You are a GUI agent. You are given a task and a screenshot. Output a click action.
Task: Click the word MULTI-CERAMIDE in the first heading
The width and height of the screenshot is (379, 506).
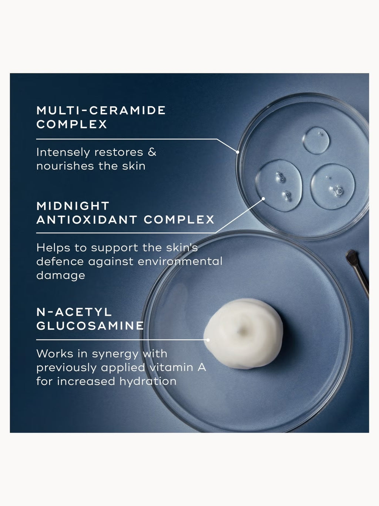tap(101, 110)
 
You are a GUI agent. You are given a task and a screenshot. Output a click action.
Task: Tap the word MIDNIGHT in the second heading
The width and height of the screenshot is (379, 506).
tap(73, 206)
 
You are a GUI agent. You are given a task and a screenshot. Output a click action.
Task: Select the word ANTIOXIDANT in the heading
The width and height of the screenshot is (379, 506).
tap(87, 220)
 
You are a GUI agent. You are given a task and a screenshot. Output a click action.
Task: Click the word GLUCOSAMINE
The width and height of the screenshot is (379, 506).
tap(90, 326)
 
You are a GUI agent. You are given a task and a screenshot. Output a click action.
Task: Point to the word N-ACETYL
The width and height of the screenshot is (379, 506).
tap(74, 312)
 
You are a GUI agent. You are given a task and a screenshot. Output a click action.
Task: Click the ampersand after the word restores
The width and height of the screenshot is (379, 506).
tap(152, 152)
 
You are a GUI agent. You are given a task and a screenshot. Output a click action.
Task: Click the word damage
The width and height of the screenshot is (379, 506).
tap(61, 275)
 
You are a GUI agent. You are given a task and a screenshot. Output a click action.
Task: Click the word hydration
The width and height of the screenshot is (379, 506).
tap(148, 381)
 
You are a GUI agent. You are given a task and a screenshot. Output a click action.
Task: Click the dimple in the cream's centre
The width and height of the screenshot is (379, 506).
tap(242, 331)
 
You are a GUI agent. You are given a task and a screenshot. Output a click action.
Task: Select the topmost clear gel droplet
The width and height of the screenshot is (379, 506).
tap(316, 140)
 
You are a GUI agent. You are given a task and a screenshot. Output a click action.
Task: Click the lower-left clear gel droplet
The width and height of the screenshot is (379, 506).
tap(279, 186)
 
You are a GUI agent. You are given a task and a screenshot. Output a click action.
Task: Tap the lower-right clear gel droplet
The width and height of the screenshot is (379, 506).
tap(333, 186)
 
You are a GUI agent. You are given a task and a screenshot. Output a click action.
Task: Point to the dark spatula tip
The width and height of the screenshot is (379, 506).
tap(351, 257)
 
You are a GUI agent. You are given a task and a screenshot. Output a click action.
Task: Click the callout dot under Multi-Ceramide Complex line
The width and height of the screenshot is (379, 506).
tap(238, 152)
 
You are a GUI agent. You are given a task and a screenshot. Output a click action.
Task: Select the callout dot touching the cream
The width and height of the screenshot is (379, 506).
tap(208, 340)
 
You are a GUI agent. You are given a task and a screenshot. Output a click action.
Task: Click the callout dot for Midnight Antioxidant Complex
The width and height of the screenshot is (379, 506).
tap(264, 198)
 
